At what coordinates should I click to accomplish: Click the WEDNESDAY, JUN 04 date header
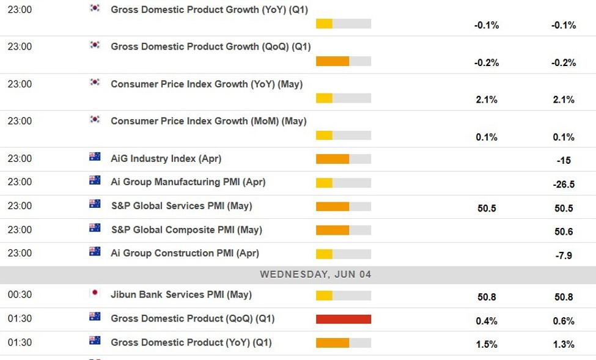click(315, 274)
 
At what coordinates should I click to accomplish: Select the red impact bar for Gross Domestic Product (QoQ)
click(343, 319)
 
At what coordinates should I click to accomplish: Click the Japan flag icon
click(95, 293)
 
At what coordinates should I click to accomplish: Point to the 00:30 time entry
click(20, 295)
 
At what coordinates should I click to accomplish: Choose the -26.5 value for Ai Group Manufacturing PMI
click(564, 185)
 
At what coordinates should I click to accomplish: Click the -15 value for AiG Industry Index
click(564, 161)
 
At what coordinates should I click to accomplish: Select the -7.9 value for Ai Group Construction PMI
click(564, 255)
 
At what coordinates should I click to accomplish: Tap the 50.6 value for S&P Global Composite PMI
click(564, 232)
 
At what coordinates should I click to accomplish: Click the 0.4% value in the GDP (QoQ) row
click(486, 321)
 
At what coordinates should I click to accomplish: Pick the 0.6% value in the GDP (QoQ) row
click(564, 321)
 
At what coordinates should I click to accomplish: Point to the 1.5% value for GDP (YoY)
click(486, 345)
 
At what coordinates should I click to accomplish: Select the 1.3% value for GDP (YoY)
click(564, 345)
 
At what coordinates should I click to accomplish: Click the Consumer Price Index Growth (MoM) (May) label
click(208, 121)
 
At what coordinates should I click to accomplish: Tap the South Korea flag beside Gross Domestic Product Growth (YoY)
click(95, 8)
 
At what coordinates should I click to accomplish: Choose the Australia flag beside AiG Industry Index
click(95, 156)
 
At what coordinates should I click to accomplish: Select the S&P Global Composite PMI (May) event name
click(186, 230)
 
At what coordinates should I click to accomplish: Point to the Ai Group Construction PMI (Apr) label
click(185, 253)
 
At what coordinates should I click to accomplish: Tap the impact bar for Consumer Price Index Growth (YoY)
click(343, 98)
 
